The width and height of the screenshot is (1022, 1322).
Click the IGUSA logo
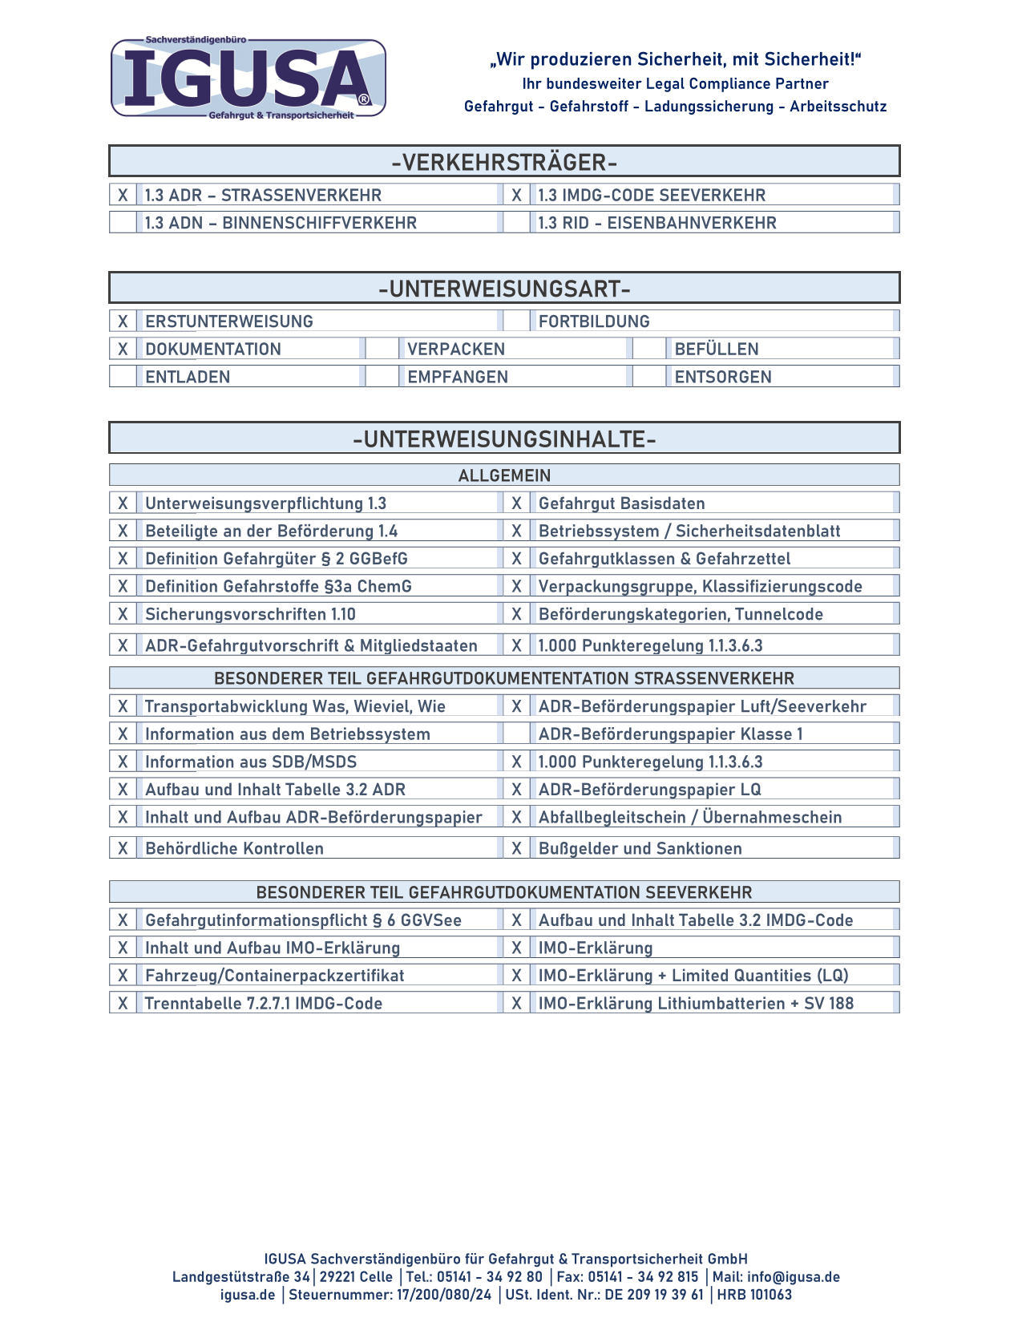point(248,79)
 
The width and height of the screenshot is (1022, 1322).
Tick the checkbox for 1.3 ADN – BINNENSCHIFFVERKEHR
point(123,223)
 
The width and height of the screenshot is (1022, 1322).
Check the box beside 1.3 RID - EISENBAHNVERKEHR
point(516,223)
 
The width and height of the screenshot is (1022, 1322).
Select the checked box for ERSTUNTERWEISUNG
point(123,321)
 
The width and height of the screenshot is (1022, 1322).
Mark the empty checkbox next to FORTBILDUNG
point(516,321)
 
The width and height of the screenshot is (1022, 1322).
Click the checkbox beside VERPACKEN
point(382,349)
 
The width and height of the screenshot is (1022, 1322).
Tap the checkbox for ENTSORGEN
point(648,377)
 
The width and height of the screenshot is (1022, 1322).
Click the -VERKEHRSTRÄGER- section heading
point(504,162)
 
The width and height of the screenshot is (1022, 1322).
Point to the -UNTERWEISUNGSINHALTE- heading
point(504,439)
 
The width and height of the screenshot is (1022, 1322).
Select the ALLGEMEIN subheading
point(504,475)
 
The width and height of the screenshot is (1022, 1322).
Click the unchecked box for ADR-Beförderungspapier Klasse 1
point(516,734)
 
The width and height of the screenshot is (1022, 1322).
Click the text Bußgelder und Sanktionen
point(640,848)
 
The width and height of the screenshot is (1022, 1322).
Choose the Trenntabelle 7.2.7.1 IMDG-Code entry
point(263,1003)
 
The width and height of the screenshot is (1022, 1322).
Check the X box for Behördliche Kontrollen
point(123,848)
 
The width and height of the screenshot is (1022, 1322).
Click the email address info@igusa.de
point(793,1277)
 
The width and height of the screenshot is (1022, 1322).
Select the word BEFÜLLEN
point(716,349)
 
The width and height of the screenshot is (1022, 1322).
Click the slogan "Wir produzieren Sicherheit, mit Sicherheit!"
point(675,59)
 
